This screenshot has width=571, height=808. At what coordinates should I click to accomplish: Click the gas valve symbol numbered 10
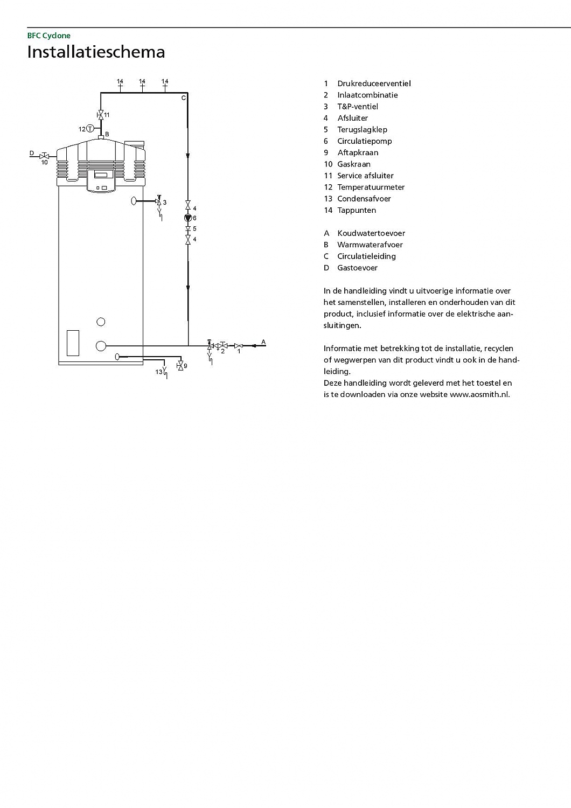click(44, 156)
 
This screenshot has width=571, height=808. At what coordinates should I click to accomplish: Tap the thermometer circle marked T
click(90, 128)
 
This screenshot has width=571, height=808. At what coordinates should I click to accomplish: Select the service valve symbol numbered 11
click(100, 115)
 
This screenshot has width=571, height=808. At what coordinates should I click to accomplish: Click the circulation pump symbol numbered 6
click(188, 218)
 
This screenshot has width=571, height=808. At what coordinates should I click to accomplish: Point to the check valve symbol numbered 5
click(188, 229)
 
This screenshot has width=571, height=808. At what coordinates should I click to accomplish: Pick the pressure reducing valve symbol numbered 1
click(239, 345)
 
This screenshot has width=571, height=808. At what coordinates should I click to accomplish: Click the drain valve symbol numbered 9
click(180, 365)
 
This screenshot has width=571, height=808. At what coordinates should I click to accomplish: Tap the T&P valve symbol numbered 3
click(158, 201)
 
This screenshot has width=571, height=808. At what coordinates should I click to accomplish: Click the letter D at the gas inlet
click(32, 154)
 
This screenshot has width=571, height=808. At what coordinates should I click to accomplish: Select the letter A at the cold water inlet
click(263, 342)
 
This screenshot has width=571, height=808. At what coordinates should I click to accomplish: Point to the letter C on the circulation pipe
click(183, 97)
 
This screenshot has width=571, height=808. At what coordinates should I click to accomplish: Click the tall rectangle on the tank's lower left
click(73, 343)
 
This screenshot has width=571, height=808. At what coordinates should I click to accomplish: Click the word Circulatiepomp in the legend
click(364, 141)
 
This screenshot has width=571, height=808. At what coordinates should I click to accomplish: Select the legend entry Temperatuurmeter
click(371, 187)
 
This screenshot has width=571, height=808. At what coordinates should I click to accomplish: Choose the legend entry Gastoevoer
click(357, 268)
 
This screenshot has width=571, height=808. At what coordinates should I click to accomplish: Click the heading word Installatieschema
click(96, 52)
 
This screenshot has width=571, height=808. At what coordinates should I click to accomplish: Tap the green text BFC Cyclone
click(49, 36)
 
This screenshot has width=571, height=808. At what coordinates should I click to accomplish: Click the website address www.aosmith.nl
click(479, 394)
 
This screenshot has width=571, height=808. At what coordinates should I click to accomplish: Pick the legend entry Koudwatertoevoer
click(371, 233)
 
